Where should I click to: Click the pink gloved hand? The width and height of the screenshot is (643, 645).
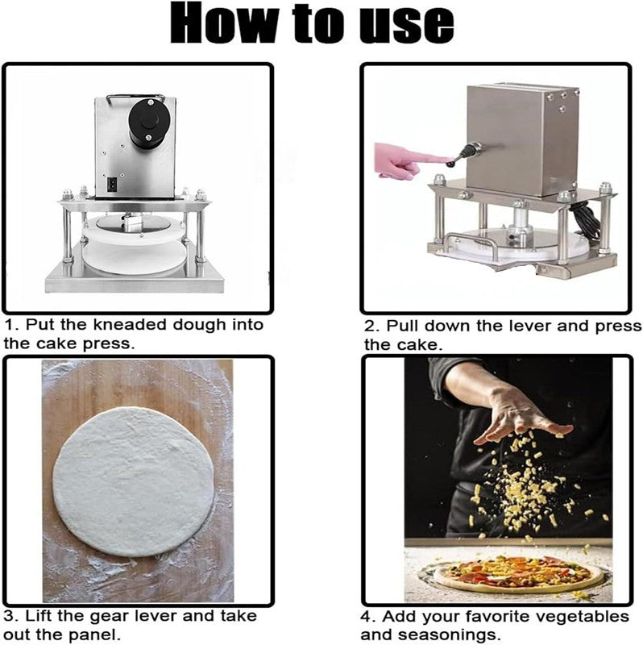tap(406, 160)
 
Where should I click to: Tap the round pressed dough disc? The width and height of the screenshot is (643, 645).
tap(134, 481)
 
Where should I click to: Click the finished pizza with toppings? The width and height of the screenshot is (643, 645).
tap(518, 573)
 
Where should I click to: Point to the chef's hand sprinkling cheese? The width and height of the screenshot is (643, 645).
tap(522, 415)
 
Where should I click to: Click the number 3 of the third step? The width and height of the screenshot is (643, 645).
tap(10, 616)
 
